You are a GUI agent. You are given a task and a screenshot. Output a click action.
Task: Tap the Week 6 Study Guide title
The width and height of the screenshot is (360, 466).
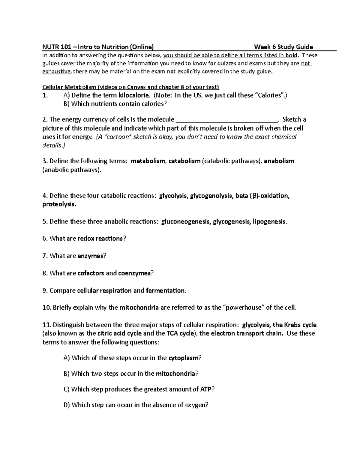pos(283,47)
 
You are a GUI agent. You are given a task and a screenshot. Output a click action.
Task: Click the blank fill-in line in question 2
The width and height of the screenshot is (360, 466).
pos(226,120)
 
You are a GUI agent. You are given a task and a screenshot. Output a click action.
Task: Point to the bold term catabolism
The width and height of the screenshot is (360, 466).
pos(184,161)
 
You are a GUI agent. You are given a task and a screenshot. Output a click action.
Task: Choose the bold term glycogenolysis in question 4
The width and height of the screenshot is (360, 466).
pos(210,196)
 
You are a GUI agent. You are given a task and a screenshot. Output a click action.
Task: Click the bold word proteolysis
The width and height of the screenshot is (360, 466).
pos(59,204)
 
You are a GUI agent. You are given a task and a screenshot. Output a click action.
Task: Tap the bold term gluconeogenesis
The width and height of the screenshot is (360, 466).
pos(185,222)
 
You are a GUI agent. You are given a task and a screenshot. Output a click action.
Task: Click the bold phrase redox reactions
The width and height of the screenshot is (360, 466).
pos(100,239)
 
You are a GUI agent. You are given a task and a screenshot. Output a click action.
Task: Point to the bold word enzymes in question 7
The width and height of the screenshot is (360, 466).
pos(90,256)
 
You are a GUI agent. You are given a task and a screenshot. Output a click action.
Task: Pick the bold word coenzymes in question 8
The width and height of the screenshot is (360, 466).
pos(134,273)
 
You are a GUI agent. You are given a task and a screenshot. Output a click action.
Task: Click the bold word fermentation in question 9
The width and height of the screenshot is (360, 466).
pos(166,290)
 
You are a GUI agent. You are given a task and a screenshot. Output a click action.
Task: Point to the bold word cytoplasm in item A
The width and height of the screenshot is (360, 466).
pos(184,358)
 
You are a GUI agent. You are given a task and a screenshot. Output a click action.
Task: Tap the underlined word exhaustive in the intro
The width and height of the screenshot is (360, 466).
pos(57,71)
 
